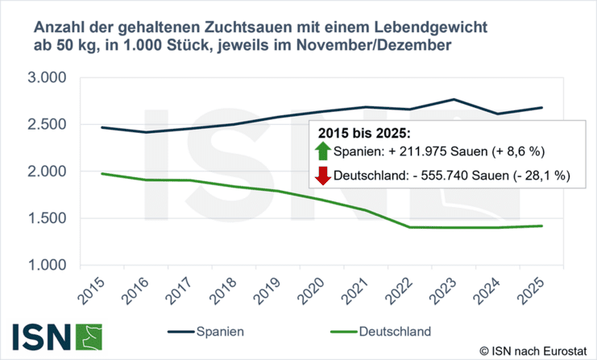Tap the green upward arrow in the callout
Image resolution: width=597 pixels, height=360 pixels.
click(324, 151)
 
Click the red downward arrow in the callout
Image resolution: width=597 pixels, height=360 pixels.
click(324, 176)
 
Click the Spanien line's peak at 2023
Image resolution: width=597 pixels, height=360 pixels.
click(454, 99)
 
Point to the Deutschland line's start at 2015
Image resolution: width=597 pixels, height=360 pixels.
click(102, 173)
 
